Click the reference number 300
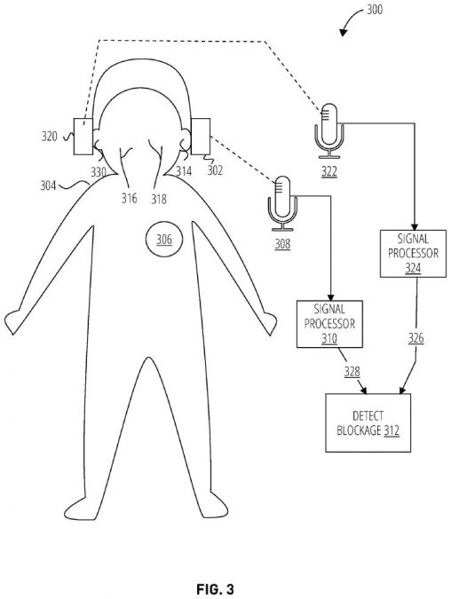tap(375, 9)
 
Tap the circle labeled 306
tap(164, 240)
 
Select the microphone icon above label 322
tap(329, 131)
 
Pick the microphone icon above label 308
tap(282, 203)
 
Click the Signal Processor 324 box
tap(413, 254)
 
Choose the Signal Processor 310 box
tap(329, 324)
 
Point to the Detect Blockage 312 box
tap(368, 423)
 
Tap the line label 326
tap(415, 338)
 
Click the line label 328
tap(352, 371)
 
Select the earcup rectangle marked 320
tap(83, 137)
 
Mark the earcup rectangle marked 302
tap(201, 137)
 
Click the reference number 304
tap(48, 185)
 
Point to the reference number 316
tap(130, 198)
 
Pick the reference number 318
tap(159, 199)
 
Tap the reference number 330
tap(99, 172)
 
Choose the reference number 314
tap(184, 170)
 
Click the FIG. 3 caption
tap(215, 589)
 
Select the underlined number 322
tap(329, 172)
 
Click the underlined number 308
tap(282, 244)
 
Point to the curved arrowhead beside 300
tap(343, 33)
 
